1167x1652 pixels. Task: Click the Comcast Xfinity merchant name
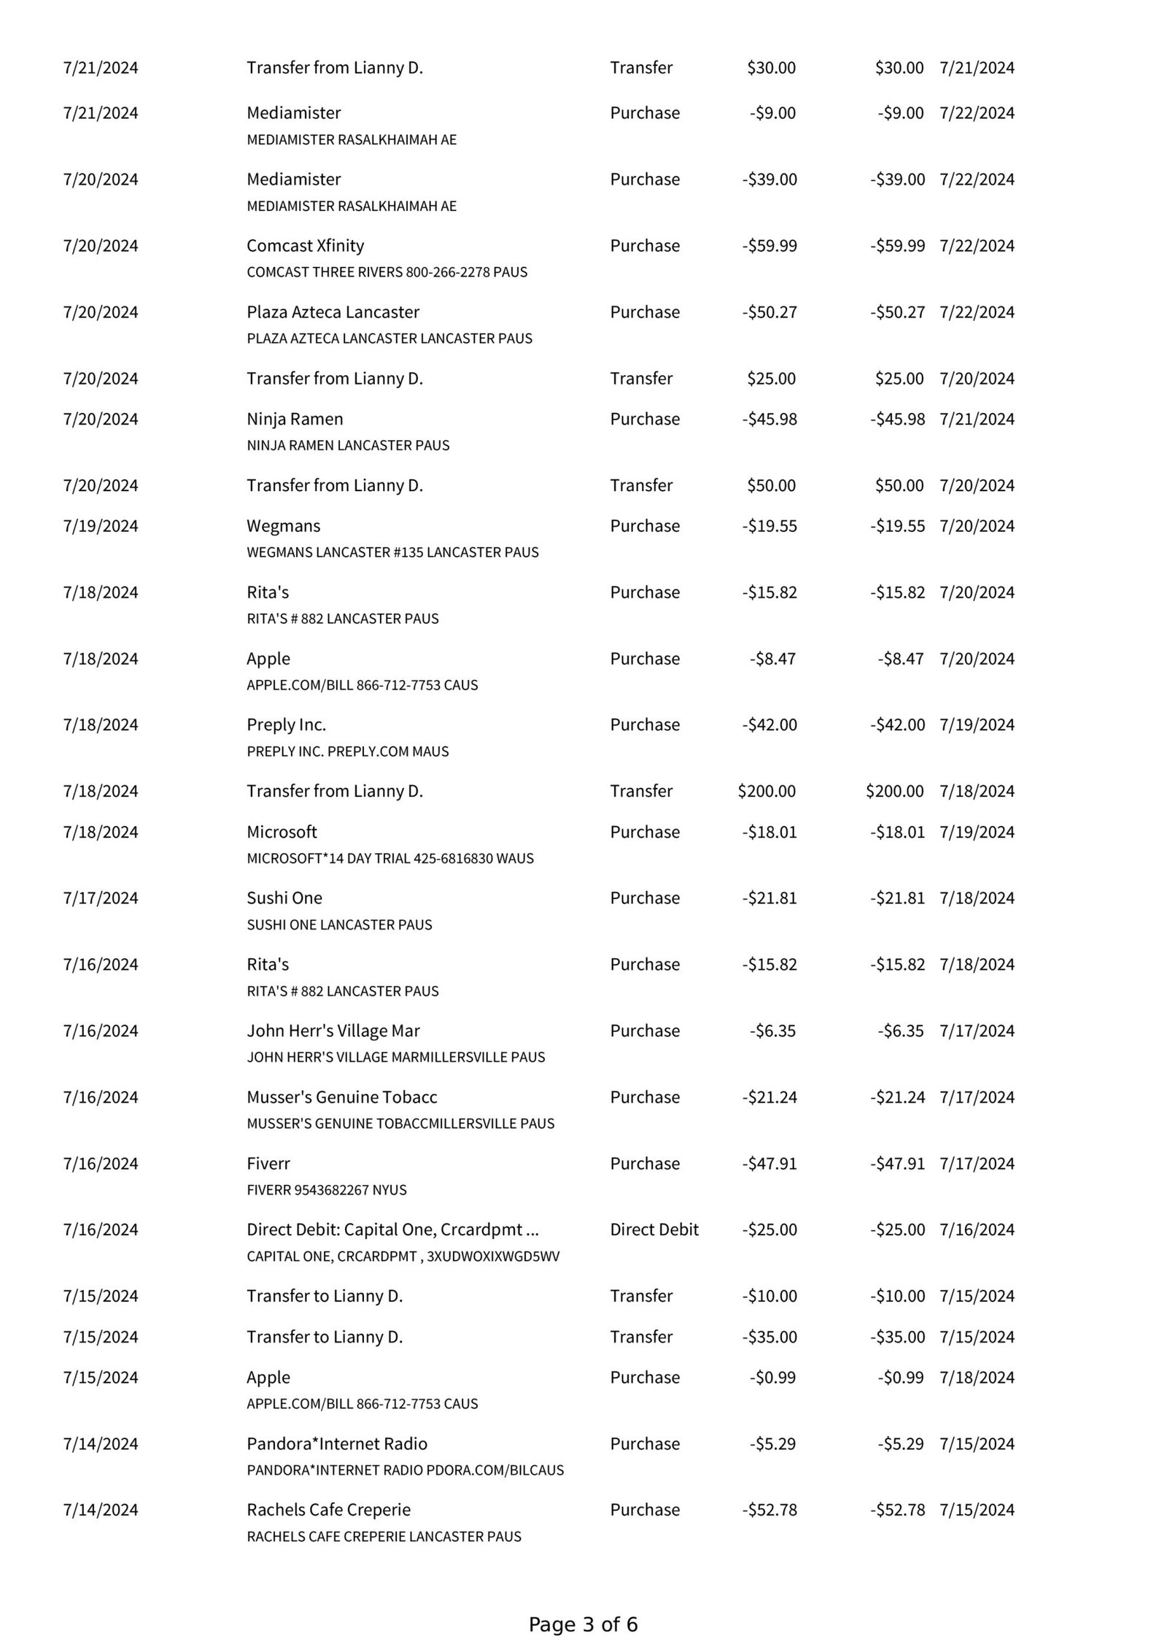[x=305, y=246]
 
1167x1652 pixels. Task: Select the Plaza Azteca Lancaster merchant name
[x=333, y=312]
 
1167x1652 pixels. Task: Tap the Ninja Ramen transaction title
[x=295, y=419]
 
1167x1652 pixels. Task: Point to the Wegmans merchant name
[x=283, y=526]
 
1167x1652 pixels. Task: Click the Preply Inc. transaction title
[x=286, y=725]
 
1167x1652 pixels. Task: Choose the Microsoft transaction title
[x=282, y=832]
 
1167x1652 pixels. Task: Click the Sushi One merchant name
[x=284, y=898]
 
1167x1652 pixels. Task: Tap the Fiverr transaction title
[x=268, y=1163]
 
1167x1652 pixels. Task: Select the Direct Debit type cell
[x=654, y=1230]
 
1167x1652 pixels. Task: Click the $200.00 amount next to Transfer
[x=767, y=791]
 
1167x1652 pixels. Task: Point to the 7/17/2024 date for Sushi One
[x=100, y=898]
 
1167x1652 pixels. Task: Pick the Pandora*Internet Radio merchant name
[x=336, y=1443]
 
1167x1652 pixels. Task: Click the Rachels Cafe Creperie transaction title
[x=328, y=1510]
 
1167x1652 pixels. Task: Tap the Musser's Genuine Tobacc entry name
[x=341, y=1097]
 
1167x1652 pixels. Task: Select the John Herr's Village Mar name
[x=333, y=1030]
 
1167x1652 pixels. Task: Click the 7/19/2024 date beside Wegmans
[x=100, y=526]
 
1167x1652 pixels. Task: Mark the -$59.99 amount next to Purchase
[x=769, y=246]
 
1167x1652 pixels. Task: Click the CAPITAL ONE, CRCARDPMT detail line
[x=403, y=1256]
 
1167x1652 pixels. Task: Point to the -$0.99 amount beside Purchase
[x=772, y=1377]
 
